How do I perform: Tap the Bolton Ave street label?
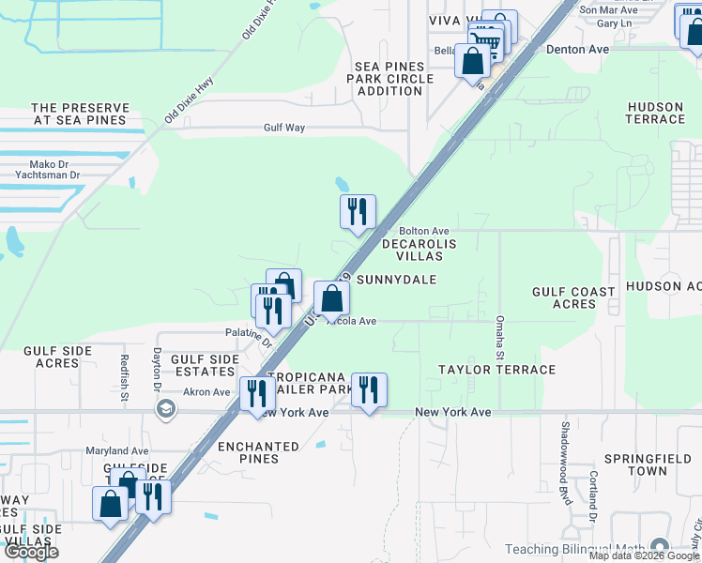click(x=424, y=231)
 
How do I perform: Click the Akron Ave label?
click(x=206, y=392)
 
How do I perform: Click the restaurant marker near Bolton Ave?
click(x=358, y=213)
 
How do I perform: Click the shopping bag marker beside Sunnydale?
click(x=331, y=299)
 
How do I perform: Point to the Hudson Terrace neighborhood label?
click(x=655, y=114)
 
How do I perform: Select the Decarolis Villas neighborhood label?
click(x=419, y=250)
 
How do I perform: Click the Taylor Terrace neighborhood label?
click(x=496, y=370)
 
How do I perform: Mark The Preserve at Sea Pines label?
click(x=79, y=114)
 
